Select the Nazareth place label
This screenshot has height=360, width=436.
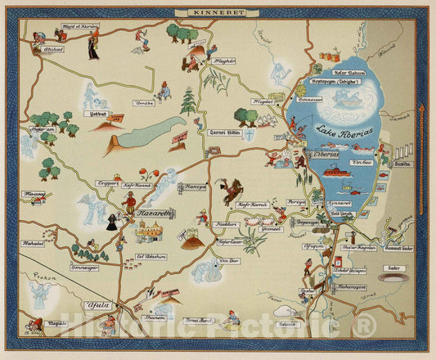154,212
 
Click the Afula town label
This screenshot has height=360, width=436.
97,305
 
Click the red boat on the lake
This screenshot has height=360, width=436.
335,173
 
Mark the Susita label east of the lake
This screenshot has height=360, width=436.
401,164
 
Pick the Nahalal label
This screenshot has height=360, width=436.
33,243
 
